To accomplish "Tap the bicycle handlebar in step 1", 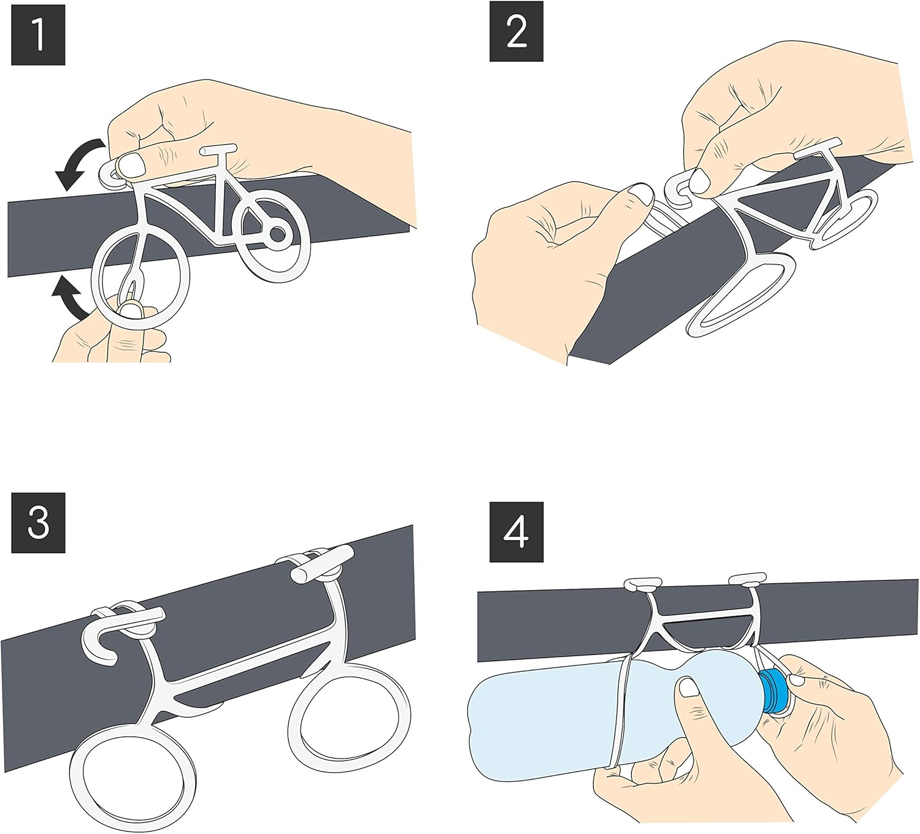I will [x=218, y=148].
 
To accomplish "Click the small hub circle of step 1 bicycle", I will [x=277, y=234].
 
